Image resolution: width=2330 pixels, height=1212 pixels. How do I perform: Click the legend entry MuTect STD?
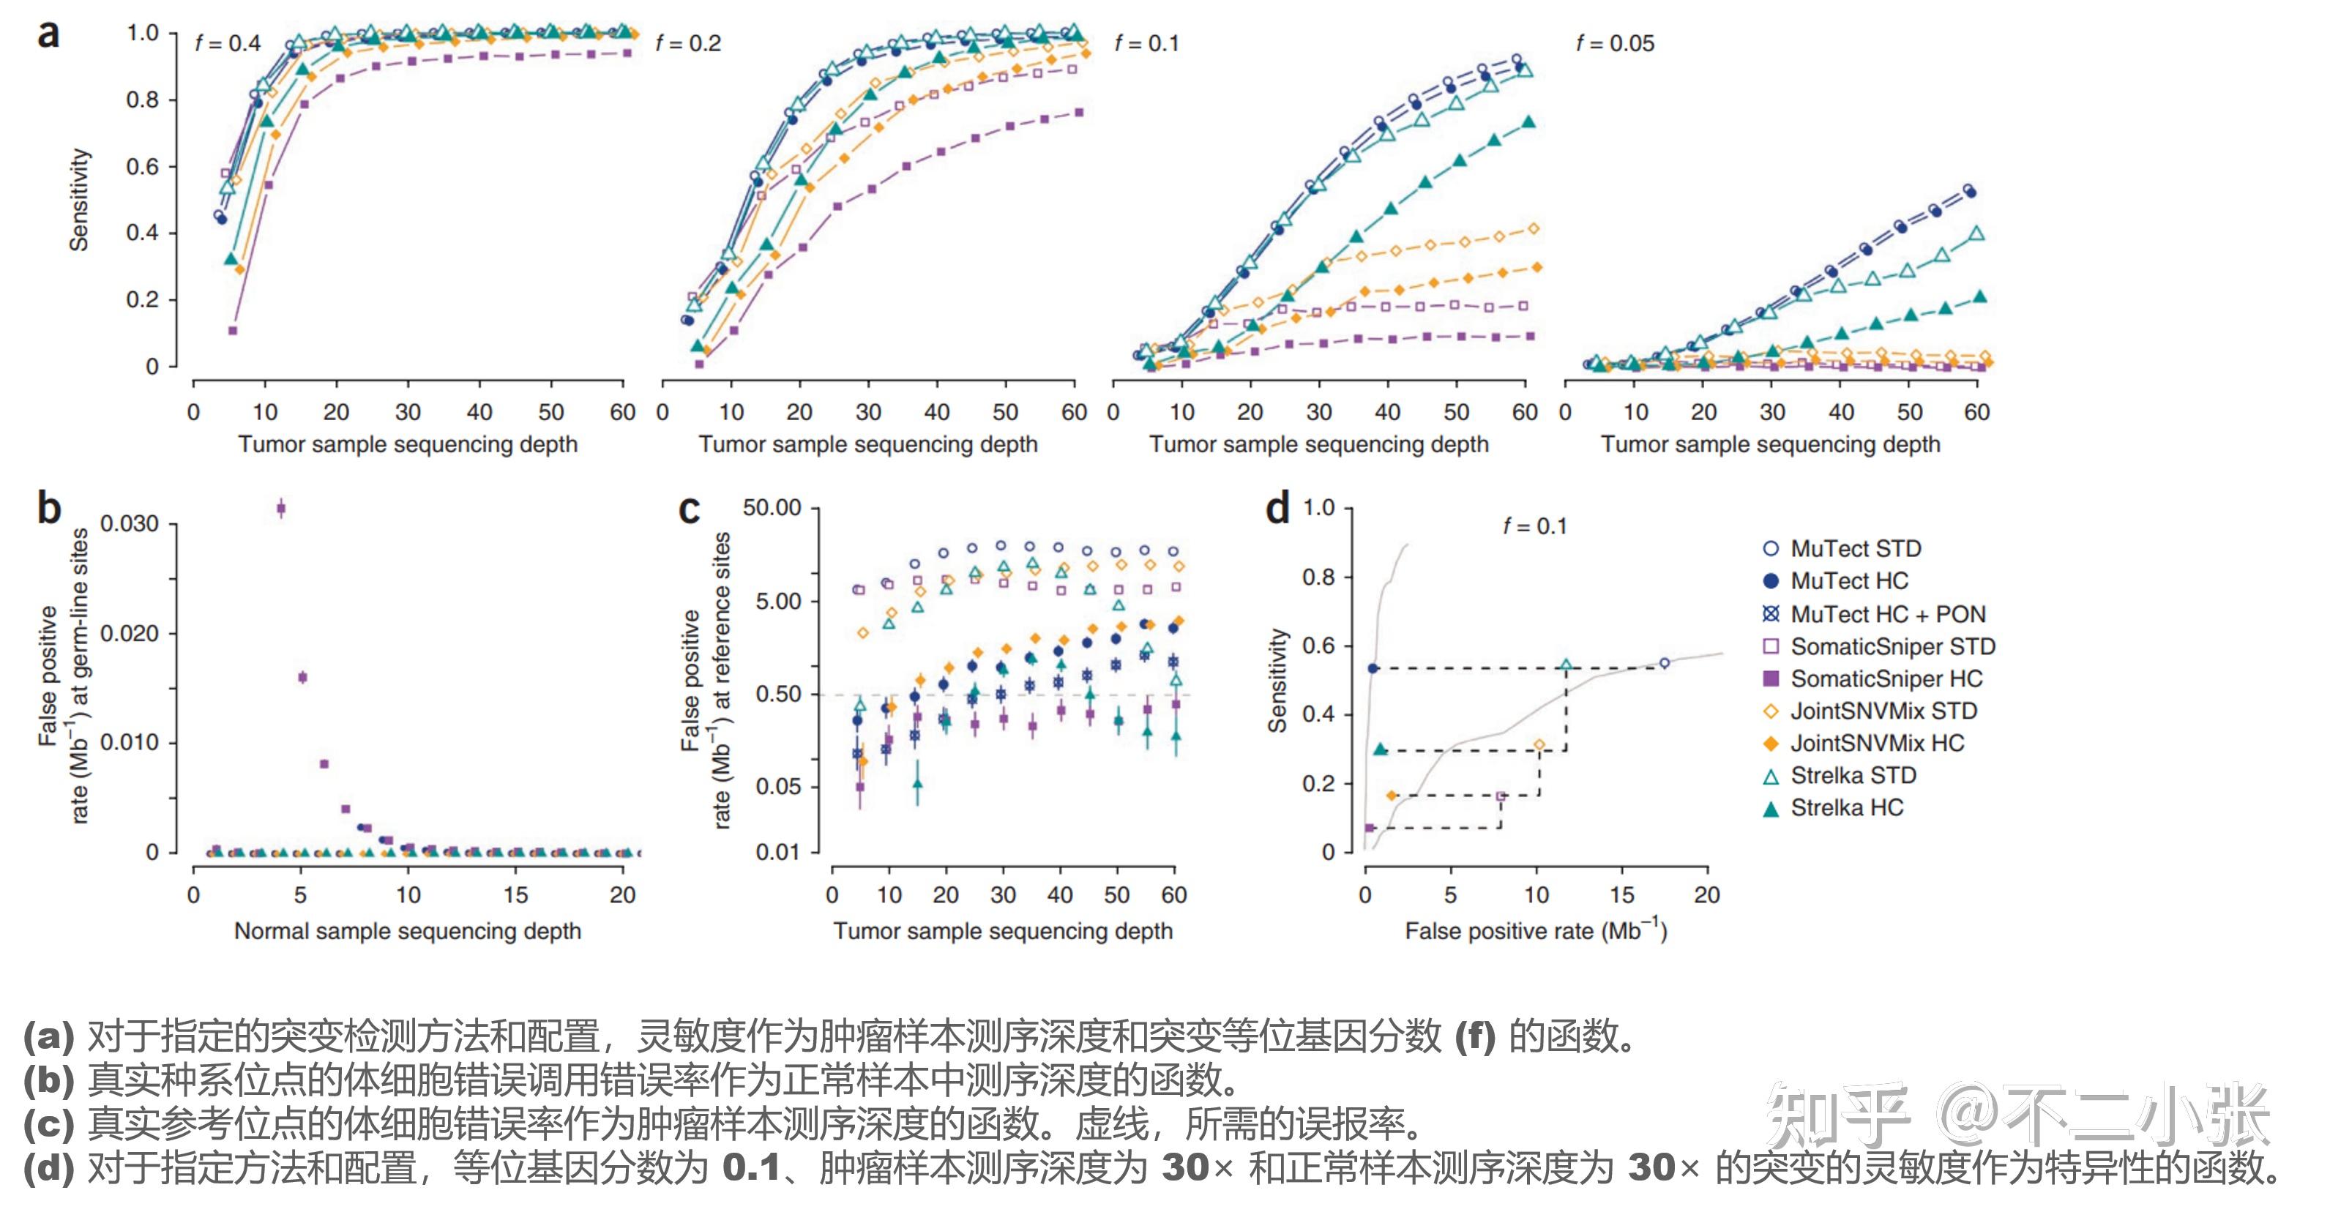(x=1855, y=549)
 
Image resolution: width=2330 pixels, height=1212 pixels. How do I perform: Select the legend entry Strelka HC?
(x=1846, y=808)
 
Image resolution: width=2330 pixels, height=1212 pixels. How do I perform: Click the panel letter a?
(x=48, y=34)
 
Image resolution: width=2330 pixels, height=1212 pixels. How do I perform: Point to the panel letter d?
(x=1277, y=509)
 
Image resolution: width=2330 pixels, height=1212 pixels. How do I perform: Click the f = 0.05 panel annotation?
(x=1615, y=43)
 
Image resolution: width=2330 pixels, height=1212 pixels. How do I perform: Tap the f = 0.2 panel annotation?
(x=688, y=43)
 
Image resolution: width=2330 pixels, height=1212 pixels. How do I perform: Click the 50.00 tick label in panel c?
(x=772, y=507)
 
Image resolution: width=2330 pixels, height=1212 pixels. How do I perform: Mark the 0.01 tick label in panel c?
(x=778, y=852)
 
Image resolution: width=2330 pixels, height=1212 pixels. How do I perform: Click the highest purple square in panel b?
(x=281, y=509)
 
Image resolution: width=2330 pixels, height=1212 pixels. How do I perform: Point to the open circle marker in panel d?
(x=1665, y=663)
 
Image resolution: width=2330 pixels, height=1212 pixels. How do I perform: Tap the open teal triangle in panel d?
(x=1567, y=666)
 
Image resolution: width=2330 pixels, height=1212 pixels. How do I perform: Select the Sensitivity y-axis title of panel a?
(x=80, y=200)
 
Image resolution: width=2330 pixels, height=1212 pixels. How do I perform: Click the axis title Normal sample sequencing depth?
(x=407, y=931)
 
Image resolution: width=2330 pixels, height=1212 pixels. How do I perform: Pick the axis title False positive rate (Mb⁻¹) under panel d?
(x=1535, y=931)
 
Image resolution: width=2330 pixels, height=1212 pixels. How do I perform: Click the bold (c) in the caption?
(x=48, y=1123)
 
